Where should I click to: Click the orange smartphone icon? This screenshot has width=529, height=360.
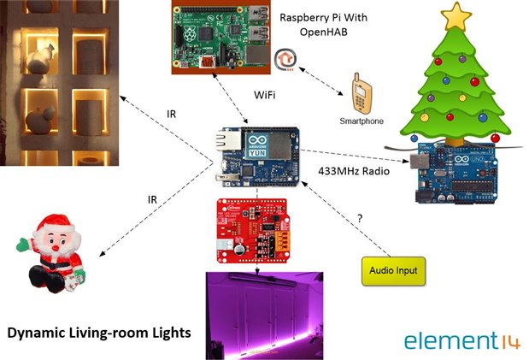point(362,95)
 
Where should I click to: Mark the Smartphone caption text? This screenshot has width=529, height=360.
point(361,121)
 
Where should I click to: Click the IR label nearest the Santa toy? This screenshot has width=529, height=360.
point(153,199)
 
